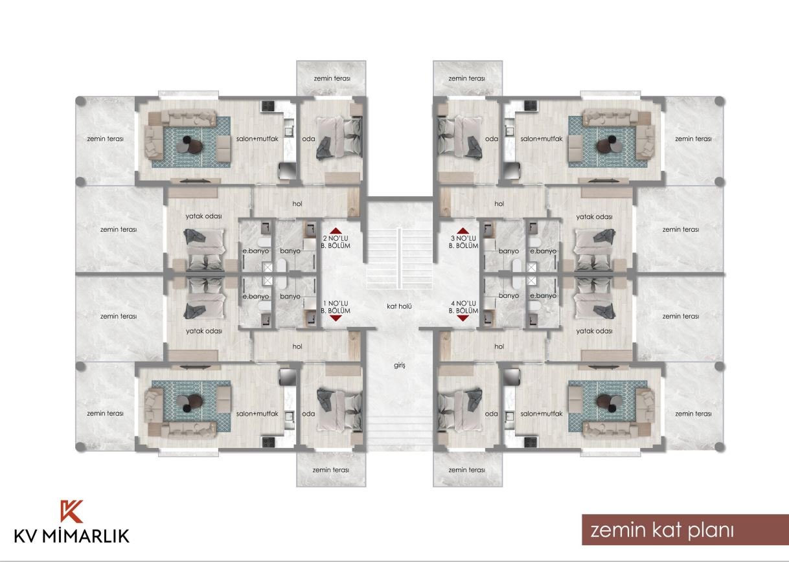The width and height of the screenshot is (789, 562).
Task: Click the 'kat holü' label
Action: [399, 306]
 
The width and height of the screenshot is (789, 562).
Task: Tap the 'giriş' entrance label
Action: [400, 366]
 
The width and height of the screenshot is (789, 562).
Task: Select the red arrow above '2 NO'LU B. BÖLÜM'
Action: [336, 230]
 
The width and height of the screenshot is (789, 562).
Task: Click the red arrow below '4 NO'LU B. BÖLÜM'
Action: [463, 318]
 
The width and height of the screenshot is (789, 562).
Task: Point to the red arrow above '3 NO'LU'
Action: [463, 230]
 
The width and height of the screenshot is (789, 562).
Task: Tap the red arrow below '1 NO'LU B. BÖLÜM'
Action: [336, 318]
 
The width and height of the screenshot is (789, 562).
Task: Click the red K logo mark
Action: [71, 511]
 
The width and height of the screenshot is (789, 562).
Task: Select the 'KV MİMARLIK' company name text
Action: [72, 536]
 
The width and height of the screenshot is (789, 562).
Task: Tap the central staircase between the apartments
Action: [400, 258]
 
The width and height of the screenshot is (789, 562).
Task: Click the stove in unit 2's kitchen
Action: [268, 106]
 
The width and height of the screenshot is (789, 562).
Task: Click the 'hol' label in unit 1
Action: [297, 346]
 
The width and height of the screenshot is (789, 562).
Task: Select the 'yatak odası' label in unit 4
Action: [594, 331]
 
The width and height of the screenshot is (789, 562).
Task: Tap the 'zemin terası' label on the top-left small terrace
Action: [332, 78]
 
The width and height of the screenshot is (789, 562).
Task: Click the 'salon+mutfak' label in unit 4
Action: [542, 414]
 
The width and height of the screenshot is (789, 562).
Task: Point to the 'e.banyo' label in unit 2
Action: [256, 251]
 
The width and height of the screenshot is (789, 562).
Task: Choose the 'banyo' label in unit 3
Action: [509, 251]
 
